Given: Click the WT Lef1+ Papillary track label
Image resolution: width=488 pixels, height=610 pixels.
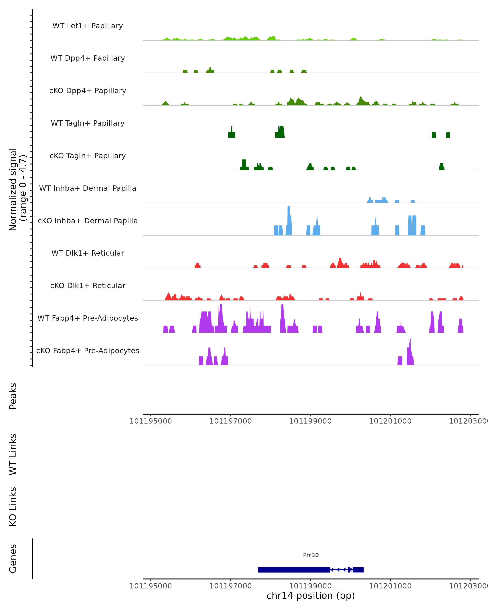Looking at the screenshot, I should [88, 26].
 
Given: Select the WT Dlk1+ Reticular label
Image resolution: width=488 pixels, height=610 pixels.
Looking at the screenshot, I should [88, 253].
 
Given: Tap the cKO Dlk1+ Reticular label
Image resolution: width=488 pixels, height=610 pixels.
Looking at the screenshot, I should [88, 285].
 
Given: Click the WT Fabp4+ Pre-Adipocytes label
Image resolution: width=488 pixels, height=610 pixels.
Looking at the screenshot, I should [88, 318].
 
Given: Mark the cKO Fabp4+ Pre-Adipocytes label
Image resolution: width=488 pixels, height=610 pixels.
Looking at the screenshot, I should [88, 351].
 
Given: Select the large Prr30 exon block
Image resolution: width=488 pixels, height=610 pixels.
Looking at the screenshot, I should [294, 570].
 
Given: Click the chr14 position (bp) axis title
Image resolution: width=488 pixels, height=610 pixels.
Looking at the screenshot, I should [311, 596].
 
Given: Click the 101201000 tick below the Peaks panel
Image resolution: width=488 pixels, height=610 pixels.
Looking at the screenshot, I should [390, 421].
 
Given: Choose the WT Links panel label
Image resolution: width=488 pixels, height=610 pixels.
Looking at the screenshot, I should [13, 454].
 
